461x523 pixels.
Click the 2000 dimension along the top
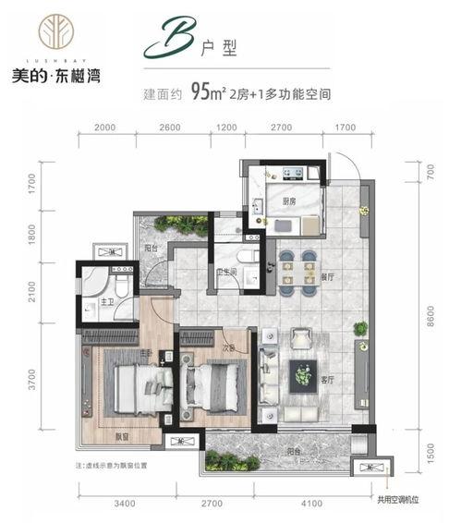click(x=104, y=128)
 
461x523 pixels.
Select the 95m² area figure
click(x=206, y=91)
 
